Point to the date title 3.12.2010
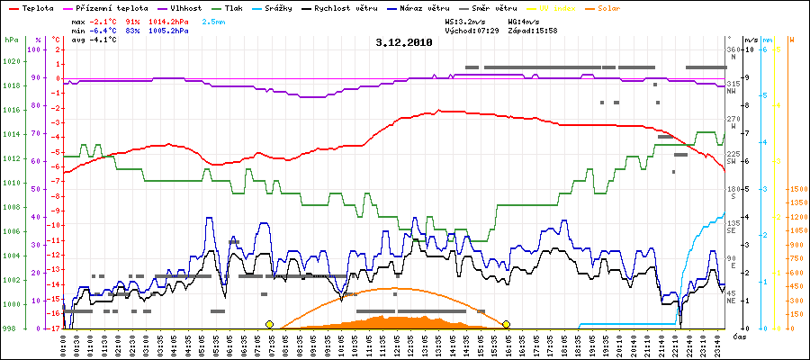coord(405,41)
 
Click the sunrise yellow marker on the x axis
coord(269,324)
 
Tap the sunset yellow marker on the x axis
coord(507,324)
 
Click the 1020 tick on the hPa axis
coord(12,62)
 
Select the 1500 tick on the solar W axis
coord(796,190)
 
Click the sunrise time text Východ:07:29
coord(471,30)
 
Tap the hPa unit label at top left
coord(11,40)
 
